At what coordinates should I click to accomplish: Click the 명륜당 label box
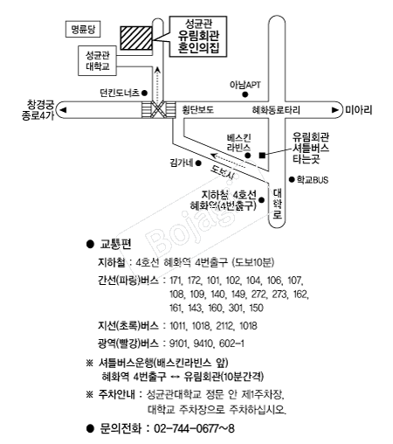coord(83,29)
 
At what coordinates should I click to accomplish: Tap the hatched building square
coord(136,38)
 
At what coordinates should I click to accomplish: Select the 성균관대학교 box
coord(97,61)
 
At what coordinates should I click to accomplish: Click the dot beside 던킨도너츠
coord(144,93)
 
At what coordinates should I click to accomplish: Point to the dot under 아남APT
coord(245,94)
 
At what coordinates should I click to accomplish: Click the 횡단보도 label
coord(198,110)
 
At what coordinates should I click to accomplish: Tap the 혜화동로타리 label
coord(276,110)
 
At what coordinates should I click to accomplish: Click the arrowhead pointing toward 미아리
coord(335,110)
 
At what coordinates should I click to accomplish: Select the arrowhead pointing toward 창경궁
coord(63,110)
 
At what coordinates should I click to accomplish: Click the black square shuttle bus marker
coord(262,156)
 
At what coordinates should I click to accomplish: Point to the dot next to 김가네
coord(198,163)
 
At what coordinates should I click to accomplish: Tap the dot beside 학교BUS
coord(292,179)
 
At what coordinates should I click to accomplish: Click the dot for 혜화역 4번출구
coord(261,200)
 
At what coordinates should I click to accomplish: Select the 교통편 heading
coord(115,244)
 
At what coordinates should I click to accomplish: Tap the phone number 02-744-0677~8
coord(194,428)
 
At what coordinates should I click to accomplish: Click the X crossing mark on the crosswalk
coord(159,110)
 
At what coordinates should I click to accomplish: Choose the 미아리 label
coord(359,110)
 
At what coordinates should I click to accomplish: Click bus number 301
coord(236,308)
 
